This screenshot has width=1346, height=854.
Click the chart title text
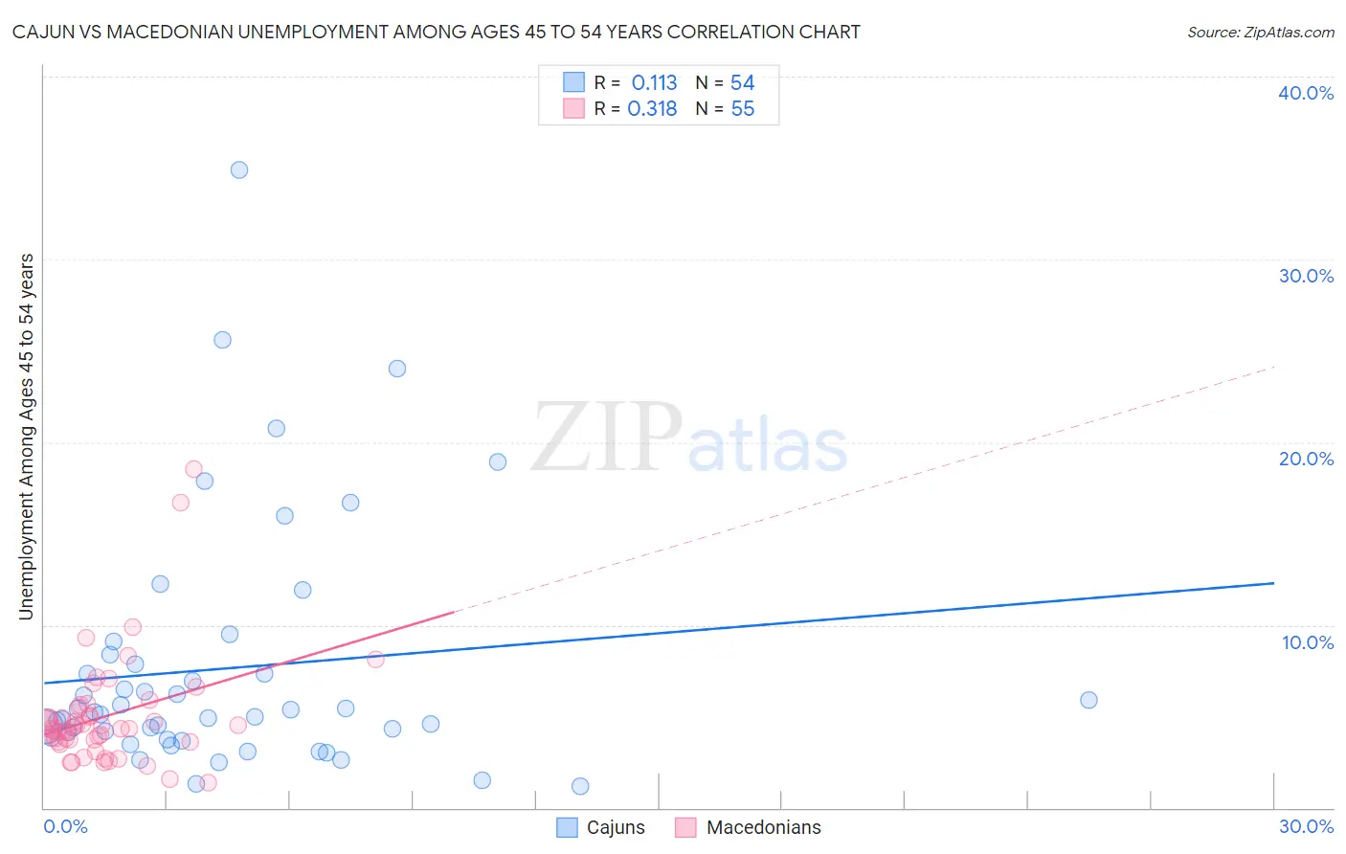tap(436, 32)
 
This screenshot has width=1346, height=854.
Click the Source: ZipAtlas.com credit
tap(1260, 32)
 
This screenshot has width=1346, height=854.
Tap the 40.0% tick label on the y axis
tap(1306, 93)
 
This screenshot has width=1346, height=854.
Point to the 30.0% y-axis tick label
tap(1306, 276)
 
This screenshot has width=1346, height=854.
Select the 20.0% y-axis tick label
tap(1306, 459)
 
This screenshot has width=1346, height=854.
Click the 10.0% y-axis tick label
tap(1308, 642)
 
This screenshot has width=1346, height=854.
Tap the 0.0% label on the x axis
tap(65, 826)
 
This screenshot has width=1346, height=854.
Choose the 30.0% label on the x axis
tap(1306, 826)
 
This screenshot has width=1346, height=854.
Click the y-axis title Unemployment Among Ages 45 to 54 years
tap(26, 436)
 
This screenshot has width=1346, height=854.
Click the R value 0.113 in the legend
tap(654, 83)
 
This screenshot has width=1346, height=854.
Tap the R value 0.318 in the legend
tap(652, 109)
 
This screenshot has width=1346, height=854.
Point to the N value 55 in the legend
tap(743, 109)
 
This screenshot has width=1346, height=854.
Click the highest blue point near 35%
tap(239, 169)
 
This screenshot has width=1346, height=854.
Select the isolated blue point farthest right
tap(1088, 700)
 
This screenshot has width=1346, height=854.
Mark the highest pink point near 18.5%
tap(193, 469)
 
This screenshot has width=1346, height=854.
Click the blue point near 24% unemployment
tap(397, 369)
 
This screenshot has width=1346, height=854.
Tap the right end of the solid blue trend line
tap(1273, 583)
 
